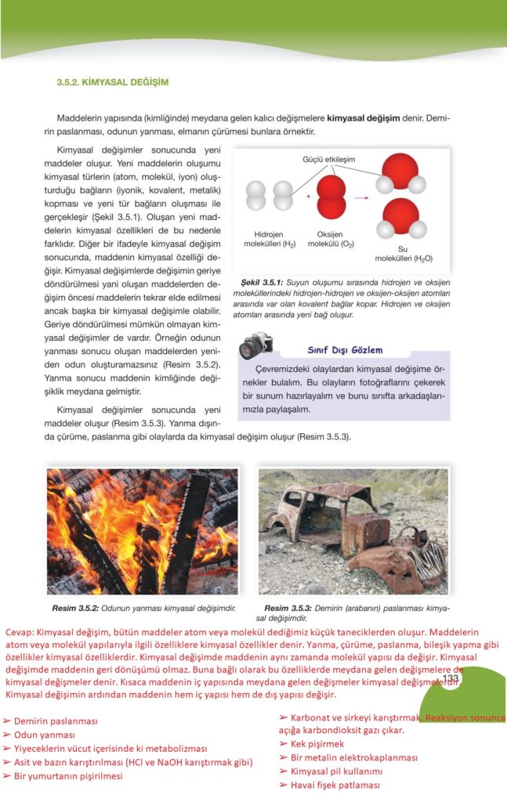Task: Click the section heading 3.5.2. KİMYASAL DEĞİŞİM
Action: point(112,81)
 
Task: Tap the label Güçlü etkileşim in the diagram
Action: point(328,159)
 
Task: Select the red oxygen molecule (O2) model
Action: point(331,197)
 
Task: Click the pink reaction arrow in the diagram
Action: point(361,198)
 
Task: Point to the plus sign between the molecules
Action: point(308,196)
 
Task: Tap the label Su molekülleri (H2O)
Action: point(404,253)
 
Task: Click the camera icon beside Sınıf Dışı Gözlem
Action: point(255,345)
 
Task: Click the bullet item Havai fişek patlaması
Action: point(335,785)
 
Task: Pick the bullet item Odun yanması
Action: point(45,735)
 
